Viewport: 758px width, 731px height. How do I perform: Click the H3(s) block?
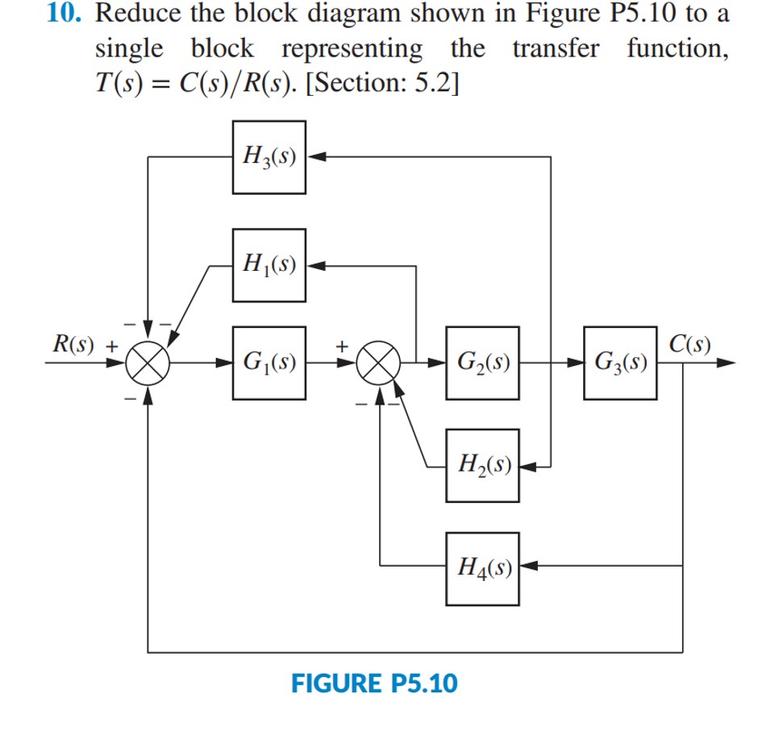(x=269, y=157)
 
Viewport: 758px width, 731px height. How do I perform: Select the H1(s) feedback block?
(x=269, y=264)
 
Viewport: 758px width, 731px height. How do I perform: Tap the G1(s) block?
(x=269, y=363)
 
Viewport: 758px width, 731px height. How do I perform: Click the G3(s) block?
(x=621, y=363)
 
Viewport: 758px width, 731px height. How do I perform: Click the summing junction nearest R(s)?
(x=148, y=363)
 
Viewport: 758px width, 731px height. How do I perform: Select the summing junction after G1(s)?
(x=380, y=363)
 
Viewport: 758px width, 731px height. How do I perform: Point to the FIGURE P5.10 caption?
(x=373, y=684)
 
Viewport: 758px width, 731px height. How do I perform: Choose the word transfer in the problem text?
(x=556, y=50)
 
